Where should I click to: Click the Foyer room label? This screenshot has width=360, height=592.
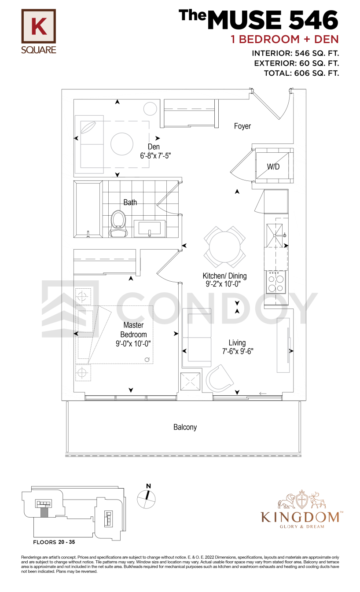pos(242,126)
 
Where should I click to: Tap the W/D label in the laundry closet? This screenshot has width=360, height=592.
pos(273,167)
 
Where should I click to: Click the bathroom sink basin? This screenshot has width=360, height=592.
pos(150,228)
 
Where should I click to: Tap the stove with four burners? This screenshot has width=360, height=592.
pos(276,282)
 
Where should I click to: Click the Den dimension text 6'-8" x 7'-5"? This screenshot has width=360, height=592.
pos(155,156)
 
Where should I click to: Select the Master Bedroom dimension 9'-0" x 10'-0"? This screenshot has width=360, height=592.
pos(133,344)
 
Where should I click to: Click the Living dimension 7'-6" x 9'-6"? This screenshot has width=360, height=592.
pos(238,351)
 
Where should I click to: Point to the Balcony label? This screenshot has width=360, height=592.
pos(185,427)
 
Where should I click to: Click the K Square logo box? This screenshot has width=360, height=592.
pos(39,26)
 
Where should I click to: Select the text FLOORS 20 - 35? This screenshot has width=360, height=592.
pos(54,542)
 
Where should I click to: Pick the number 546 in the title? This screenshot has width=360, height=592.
pos(313,20)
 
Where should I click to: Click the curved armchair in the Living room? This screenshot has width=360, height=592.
pos(219,378)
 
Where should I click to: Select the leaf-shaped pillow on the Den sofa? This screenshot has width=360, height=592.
pos(88,127)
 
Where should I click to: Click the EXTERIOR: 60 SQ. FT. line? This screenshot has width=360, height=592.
pos(297,63)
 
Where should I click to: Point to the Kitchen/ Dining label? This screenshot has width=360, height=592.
pos(224,276)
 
